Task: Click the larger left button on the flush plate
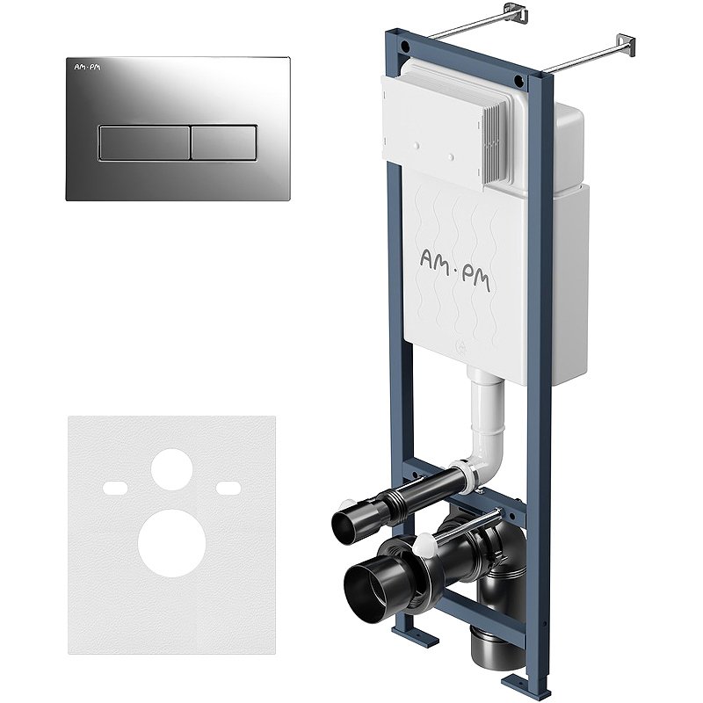click(x=144, y=143)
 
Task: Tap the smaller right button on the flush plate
click(x=224, y=143)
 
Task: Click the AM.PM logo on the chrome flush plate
click(x=87, y=68)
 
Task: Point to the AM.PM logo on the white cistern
click(x=454, y=270)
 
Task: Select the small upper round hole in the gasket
click(x=171, y=469)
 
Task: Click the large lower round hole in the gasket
click(x=171, y=543)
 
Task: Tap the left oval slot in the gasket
click(x=115, y=488)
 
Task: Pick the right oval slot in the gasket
click(x=229, y=488)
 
